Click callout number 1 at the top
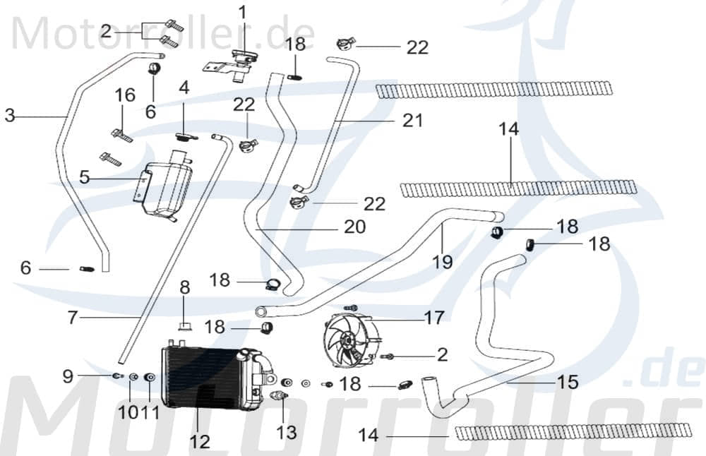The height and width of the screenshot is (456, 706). (242, 13)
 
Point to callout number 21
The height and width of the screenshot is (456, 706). (412, 121)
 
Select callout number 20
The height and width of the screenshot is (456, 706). (355, 227)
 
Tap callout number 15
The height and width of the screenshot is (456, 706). (567, 382)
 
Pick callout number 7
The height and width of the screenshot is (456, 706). (72, 318)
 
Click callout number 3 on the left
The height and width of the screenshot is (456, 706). (10, 115)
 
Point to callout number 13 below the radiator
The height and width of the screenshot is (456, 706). (287, 431)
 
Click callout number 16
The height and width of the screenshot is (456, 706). (125, 95)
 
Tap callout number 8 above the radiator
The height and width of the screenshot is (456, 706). (184, 287)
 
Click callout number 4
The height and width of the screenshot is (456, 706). (184, 89)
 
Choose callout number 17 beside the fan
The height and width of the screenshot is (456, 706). (434, 317)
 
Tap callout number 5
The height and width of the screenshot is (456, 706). (85, 177)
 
